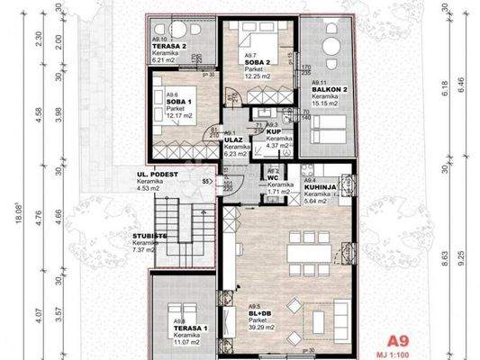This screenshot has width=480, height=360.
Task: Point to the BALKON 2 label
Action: (x=326, y=90)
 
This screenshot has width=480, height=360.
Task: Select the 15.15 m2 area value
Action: (x=326, y=106)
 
